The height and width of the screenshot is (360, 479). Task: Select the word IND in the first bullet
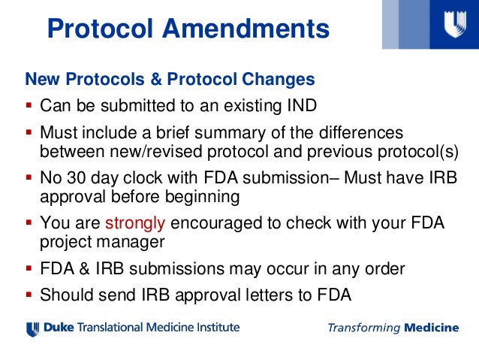[x=300, y=105]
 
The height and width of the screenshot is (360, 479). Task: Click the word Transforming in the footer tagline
[x=363, y=328]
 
